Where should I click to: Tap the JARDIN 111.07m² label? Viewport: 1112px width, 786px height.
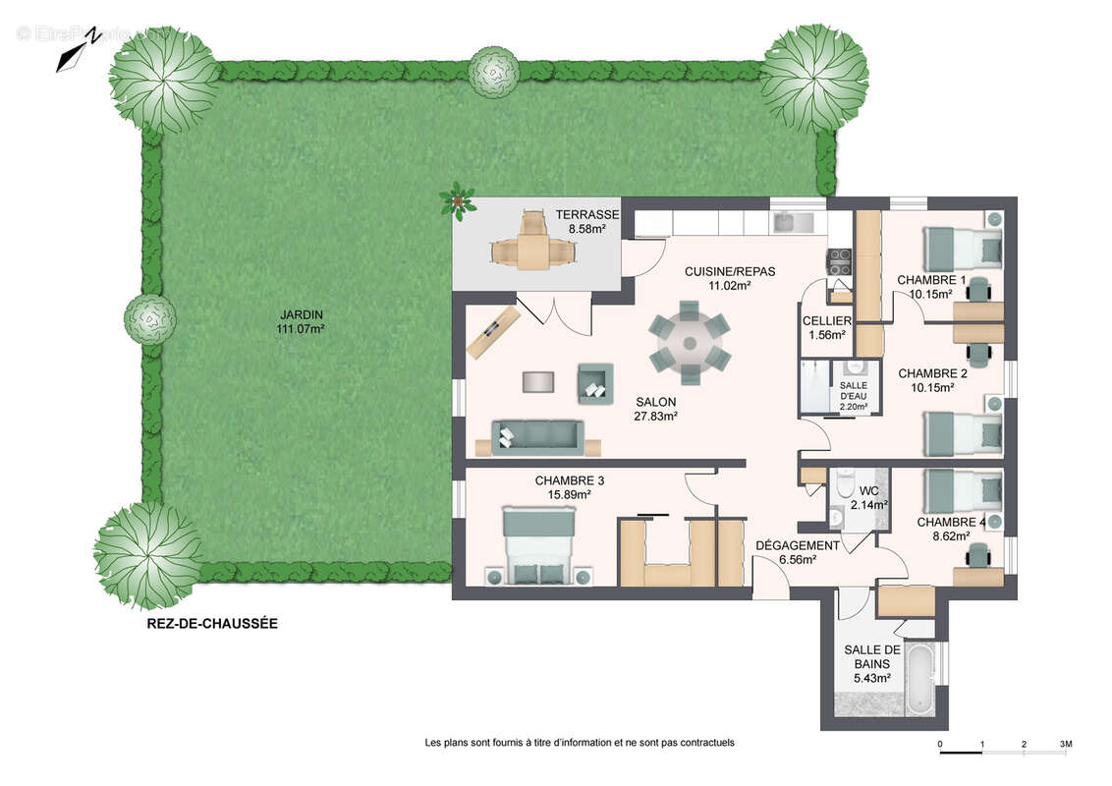[x=301, y=322]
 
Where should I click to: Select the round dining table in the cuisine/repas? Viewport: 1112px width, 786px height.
[x=689, y=345]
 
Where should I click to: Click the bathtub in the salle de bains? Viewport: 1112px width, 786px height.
[x=919, y=679]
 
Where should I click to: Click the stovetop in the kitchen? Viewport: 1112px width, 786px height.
[x=840, y=261]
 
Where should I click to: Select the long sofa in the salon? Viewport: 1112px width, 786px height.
[x=538, y=435]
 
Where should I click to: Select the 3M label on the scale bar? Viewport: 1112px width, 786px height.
[x=1066, y=745]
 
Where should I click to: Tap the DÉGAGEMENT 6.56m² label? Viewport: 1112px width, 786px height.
[x=797, y=552]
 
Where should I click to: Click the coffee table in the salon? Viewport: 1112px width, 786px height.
[x=539, y=381]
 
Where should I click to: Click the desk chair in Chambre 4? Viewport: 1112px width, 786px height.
[x=978, y=557]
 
